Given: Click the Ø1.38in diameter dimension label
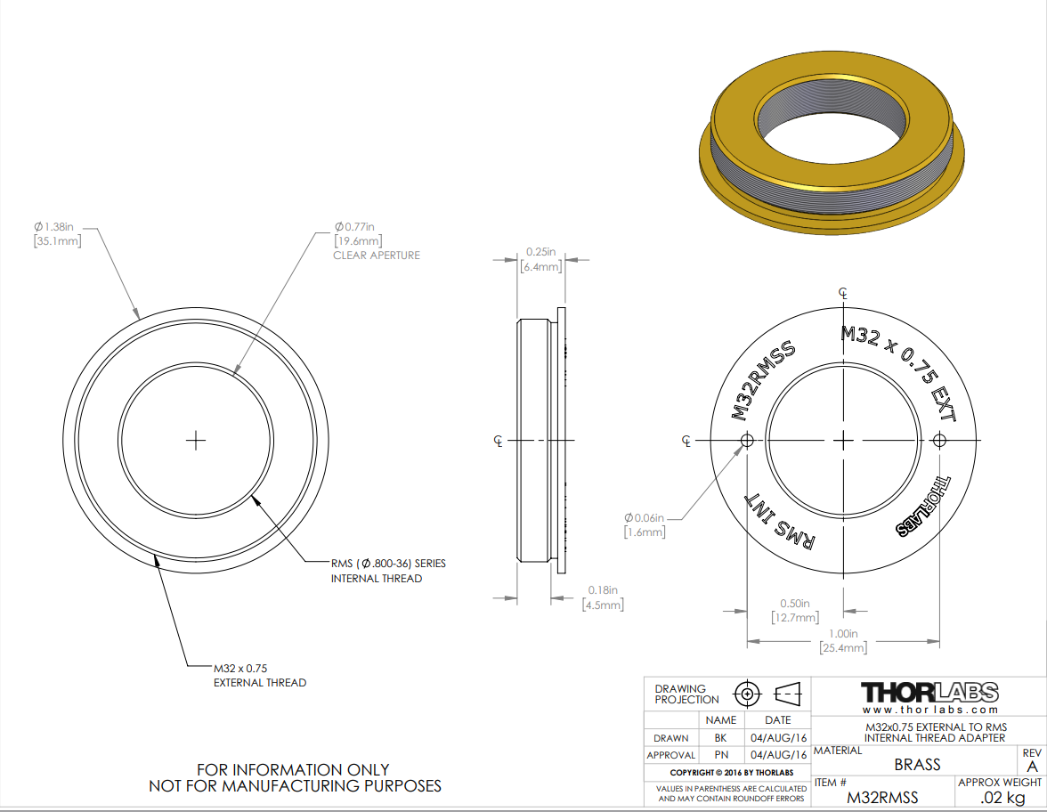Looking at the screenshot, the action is [x=57, y=233].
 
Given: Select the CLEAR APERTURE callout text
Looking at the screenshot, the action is [x=377, y=255].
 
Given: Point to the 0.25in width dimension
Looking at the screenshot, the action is [x=541, y=259].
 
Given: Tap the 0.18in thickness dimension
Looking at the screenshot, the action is [x=602, y=597].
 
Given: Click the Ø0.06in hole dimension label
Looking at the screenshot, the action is [x=645, y=525].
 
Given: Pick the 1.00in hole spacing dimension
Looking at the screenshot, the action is [x=843, y=640].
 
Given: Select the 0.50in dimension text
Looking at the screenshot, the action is [x=794, y=611].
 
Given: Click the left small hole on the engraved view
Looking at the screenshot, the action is [x=747, y=440].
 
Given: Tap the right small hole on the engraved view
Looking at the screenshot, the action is [x=939, y=440].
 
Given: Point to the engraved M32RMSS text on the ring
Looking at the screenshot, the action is [x=762, y=380].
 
